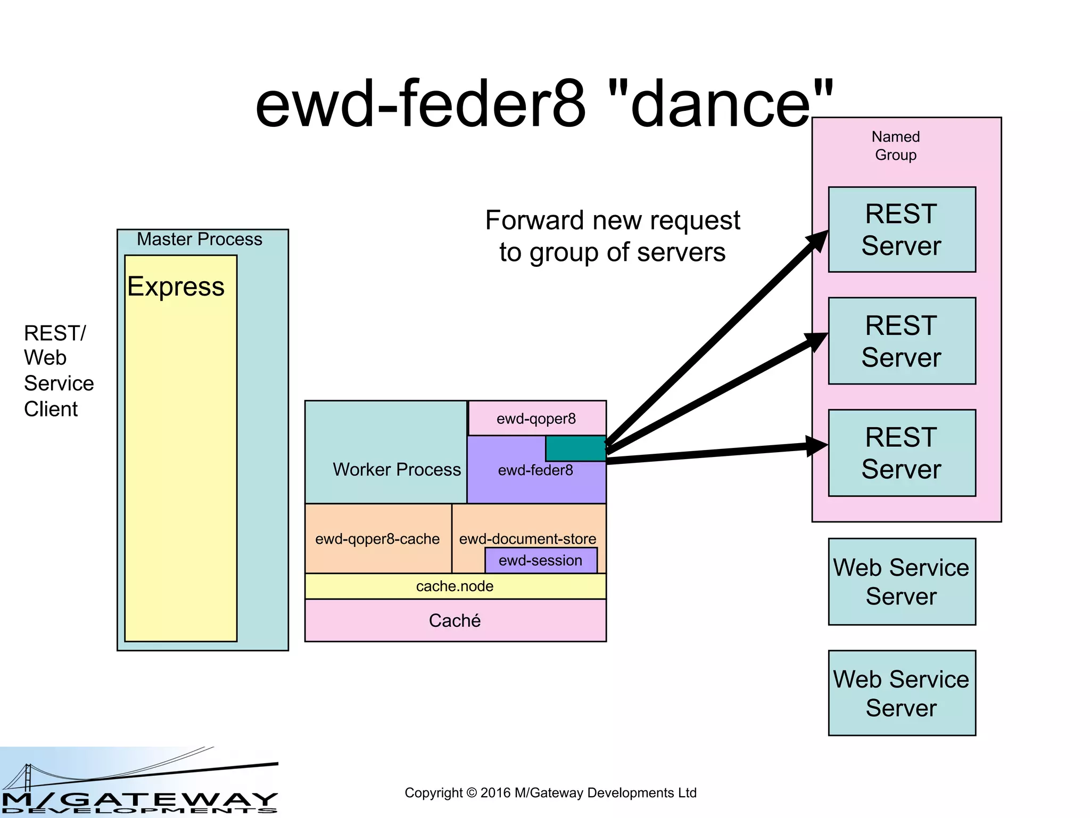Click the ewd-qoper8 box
pos(536,419)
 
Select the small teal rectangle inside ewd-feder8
pos(575,448)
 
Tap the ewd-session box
pos(541,561)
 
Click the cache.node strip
pos(455,586)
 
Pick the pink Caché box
pos(455,620)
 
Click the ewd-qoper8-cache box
pos(377,539)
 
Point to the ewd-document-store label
pos(527,538)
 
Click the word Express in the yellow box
pos(176,287)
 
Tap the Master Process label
pos(199,239)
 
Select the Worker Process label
pos(397,469)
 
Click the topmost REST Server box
pos(902,230)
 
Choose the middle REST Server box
pos(902,341)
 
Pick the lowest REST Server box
pos(902,453)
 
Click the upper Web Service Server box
pos(902,582)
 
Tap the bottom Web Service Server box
pos(902,693)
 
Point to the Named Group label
pos(896,145)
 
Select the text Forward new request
pos(612,220)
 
